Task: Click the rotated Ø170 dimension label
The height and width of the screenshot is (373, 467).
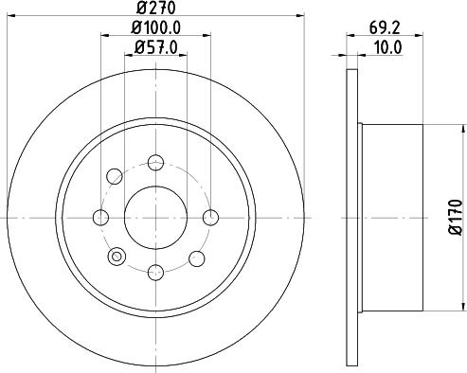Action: click(454, 216)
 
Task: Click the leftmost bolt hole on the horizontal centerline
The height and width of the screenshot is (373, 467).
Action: click(100, 218)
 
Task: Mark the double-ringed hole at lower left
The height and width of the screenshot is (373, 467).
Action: click(117, 256)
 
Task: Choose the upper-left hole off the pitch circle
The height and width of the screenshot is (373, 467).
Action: click(115, 175)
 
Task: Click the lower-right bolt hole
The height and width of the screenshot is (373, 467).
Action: click(196, 257)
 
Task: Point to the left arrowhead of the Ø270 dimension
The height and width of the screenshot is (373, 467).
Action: click(12, 16)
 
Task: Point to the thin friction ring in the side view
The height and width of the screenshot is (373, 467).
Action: click(357, 218)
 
